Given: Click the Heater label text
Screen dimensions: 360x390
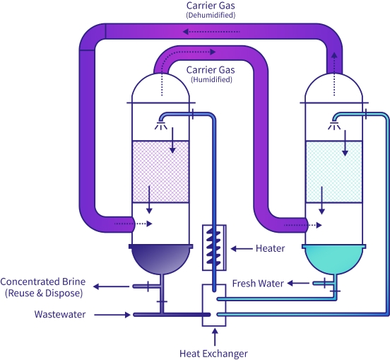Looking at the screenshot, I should pos(271,248).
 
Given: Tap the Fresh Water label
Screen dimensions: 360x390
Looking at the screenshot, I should pos(258,284).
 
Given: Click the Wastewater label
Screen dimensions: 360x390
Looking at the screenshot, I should pos(60,314).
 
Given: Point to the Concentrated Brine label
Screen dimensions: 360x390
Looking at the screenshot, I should pos(42,287).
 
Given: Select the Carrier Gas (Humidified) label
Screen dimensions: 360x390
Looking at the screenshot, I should pos(211,74).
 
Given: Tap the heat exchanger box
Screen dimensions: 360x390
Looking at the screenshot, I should pos(213,305).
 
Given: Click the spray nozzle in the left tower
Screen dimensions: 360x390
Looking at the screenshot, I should pos(162,126).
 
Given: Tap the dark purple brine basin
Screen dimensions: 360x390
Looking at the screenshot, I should pos(160,258).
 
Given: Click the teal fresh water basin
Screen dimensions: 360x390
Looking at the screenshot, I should pos(333,258).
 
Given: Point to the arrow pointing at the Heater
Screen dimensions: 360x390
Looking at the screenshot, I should pos(242,248).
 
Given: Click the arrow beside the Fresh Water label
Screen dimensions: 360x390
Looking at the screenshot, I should pos(297,284).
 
